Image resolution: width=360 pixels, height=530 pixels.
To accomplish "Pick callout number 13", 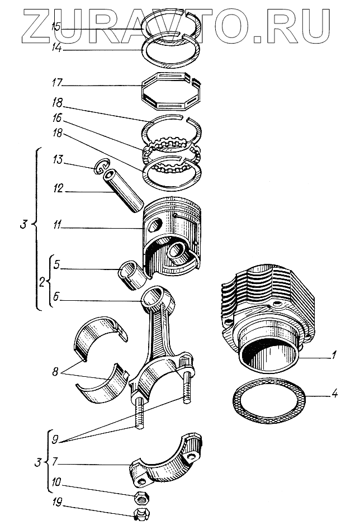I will pyautogui.click(x=56, y=161).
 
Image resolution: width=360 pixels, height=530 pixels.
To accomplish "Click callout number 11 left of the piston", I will pyautogui.click(x=56, y=228).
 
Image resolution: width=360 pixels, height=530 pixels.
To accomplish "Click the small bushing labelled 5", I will pyautogui.click(x=131, y=271).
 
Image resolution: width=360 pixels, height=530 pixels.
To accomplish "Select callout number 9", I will pyautogui.click(x=54, y=439).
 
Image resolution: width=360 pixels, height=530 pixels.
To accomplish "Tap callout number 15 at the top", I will pyautogui.click(x=56, y=26).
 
